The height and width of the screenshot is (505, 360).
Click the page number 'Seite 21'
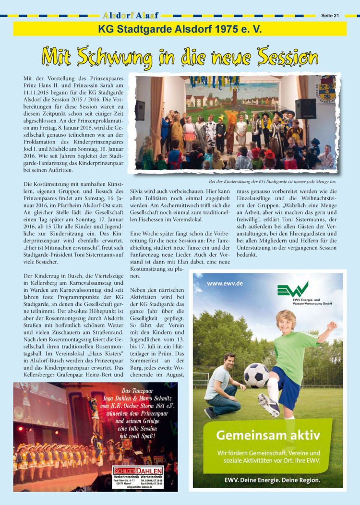[x=330, y=15]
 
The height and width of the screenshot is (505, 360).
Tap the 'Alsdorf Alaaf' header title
[x=131, y=15]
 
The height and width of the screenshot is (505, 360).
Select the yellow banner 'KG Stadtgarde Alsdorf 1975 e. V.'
[x=180, y=29]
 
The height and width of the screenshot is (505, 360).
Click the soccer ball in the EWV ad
[x=256, y=375]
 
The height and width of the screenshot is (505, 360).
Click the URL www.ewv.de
[x=225, y=284]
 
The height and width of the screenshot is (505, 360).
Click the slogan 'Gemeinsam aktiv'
[x=268, y=435]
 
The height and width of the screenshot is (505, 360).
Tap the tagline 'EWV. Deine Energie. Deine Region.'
[x=272, y=480]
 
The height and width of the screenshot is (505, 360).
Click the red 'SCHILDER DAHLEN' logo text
[x=138, y=471]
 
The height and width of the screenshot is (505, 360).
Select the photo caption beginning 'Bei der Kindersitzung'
[x=273, y=181]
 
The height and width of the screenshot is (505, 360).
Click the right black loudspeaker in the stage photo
[x=305, y=108]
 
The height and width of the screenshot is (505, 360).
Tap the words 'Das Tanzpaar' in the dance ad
[x=138, y=391]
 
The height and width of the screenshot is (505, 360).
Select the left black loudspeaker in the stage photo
[x=140, y=110]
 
